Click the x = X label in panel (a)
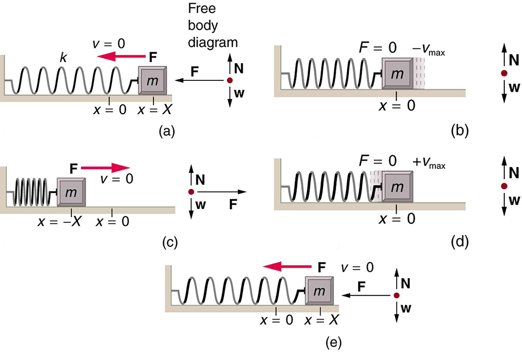(154, 110)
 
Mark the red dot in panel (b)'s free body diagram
(504, 74)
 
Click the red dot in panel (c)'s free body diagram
(191, 192)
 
